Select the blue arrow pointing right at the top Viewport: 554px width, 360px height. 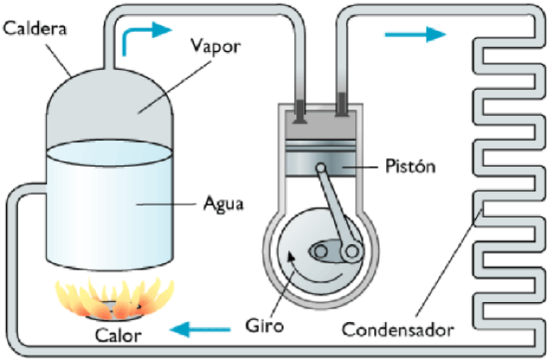[415, 34]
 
